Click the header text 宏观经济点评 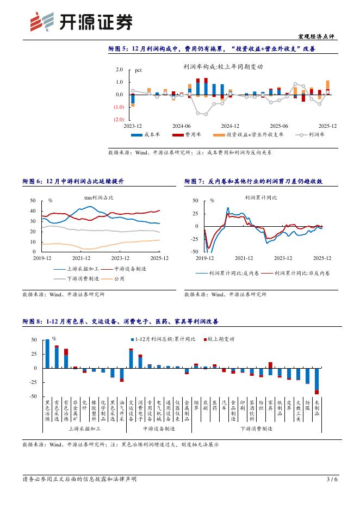pyautogui.click(x=317, y=36)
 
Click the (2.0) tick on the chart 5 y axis pyautogui.click(x=119, y=119)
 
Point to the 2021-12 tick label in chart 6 pyautogui.click(x=81, y=258)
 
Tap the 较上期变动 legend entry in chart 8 pyautogui.click(x=220, y=339)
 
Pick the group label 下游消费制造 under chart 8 pyautogui.click(x=256, y=429)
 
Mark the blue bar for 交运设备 pyautogui.click(x=131, y=359)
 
